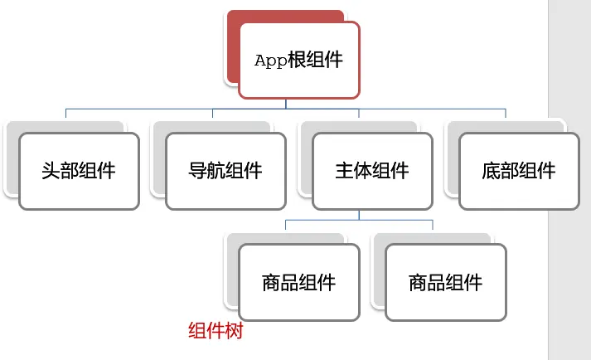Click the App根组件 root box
(299, 60)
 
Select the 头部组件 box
(79, 171)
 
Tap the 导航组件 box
(225, 171)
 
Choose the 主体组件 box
(372, 171)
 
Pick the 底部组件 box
(519, 171)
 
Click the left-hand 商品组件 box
(299, 282)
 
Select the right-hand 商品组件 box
(445, 282)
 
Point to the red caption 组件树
(215, 331)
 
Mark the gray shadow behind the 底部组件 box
(452, 158)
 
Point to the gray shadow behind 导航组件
(158, 158)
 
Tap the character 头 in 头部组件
(51, 171)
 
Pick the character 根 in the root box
(297, 61)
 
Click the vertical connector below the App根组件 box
(286, 103)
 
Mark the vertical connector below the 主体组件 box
(359, 214)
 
